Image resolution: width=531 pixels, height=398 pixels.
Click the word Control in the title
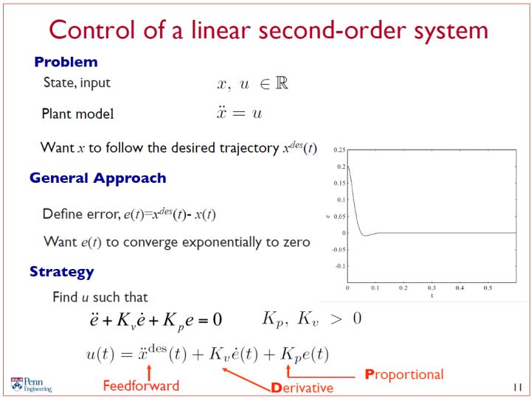tap(92, 30)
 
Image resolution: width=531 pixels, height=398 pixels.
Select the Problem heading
tap(66, 62)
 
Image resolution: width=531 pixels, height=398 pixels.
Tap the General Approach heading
tap(98, 178)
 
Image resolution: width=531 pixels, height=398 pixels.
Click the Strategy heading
tap(62, 272)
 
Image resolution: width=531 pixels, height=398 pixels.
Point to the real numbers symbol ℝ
tap(282, 83)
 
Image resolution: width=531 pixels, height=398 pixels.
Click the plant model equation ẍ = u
tap(240, 112)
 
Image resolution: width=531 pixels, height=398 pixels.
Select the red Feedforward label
tap(141, 385)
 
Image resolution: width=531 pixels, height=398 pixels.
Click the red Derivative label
tap(302, 388)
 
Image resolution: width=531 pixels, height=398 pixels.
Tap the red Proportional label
tap(404, 374)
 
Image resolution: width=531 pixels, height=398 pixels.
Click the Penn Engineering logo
tap(31, 385)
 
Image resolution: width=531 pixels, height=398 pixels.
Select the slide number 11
tap(518, 387)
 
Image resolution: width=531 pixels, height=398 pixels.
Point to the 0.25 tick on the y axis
tap(339, 150)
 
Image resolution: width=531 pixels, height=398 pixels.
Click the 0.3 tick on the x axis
tap(431, 287)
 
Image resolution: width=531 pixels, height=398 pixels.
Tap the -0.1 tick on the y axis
tap(340, 266)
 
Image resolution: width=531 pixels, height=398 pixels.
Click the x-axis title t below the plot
tap(431, 296)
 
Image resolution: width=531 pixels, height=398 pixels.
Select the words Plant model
tap(78, 114)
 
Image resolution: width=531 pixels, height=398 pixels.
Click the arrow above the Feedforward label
tap(149, 372)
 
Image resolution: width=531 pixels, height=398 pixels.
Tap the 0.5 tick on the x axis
tap(487, 287)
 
